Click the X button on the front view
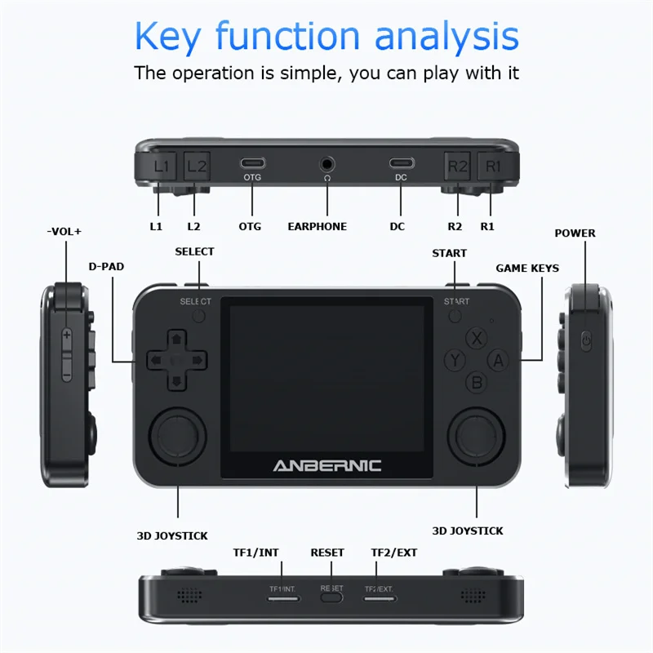pyautogui.click(x=477, y=338)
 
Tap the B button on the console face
pyautogui.click(x=477, y=382)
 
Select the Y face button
pyautogui.click(x=455, y=360)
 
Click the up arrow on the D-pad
pyautogui.click(x=176, y=338)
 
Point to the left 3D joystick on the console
pyautogui.click(x=177, y=436)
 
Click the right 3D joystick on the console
pyautogui.click(x=476, y=436)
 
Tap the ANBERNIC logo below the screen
pyautogui.click(x=327, y=465)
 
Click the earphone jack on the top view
pyautogui.click(x=327, y=164)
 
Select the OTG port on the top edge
pyautogui.click(x=252, y=162)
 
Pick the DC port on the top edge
pyautogui.click(x=402, y=162)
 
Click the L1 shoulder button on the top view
pyautogui.click(x=160, y=167)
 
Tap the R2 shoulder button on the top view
pyautogui.click(x=457, y=167)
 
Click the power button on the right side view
pyautogui.click(x=586, y=340)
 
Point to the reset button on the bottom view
pyautogui.click(x=331, y=597)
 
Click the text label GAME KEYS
pyautogui.click(x=527, y=269)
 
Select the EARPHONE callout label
pyautogui.click(x=318, y=227)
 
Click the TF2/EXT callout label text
pyautogui.click(x=394, y=553)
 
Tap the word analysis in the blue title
pyautogui.click(x=446, y=36)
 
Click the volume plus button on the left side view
pyautogui.click(x=67, y=335)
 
